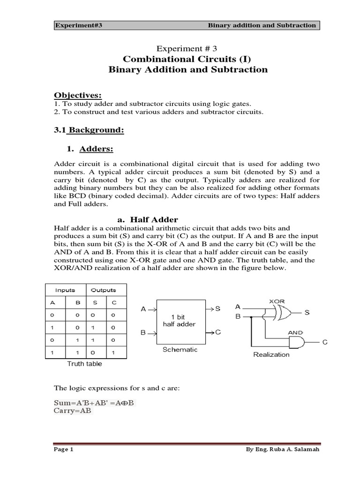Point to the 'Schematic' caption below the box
click(180, 349)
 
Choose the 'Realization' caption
click(271, 354)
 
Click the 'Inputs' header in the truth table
click(65, 290)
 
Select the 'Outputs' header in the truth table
click(103, 290)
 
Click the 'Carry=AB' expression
click(75, 411)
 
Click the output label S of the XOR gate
click(307, 312)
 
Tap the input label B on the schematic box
click(143, 332)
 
